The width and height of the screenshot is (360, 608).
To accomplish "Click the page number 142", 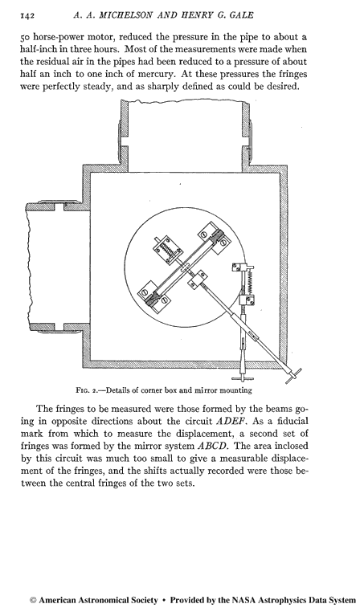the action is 27,15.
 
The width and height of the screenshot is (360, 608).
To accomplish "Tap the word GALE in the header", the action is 239,15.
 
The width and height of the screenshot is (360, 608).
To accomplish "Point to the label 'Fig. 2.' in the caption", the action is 88,390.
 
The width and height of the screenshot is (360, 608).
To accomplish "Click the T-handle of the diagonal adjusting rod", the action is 293,376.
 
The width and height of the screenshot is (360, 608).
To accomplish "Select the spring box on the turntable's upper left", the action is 168,249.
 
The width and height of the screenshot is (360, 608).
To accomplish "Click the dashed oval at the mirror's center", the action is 185,267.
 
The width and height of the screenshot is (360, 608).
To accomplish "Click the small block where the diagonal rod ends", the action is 198,280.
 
